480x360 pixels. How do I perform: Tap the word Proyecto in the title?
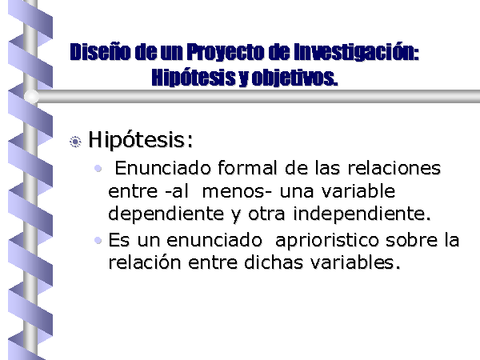(x=226, y=51)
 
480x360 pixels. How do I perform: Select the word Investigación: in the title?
(x=356, y=52)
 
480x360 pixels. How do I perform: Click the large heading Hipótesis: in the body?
(x=141, y=140)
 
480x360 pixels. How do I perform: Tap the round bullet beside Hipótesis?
(x=75, y=142)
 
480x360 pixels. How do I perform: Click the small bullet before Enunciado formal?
(x=98, y=168)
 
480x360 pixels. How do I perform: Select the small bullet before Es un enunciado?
(x=98, y=240)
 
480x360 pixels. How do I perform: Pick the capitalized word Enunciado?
(x=163, y=168)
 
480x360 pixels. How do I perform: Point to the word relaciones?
(x=394, y=168)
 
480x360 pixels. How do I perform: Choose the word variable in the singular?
(x=358, y=191)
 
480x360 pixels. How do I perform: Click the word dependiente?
(x=166, y=214)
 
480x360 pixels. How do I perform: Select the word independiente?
(x=362, y=214)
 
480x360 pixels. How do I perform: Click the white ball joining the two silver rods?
(x=31, y=97)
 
